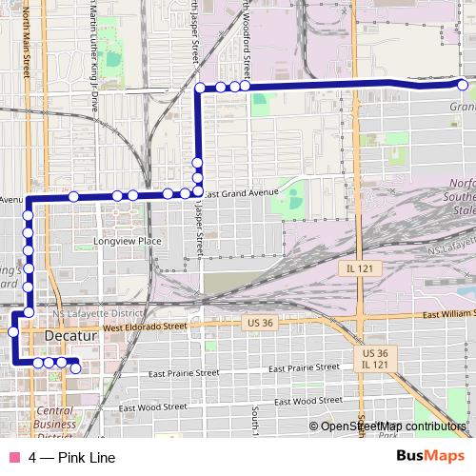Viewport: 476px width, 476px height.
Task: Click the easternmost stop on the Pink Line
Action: [463, 86]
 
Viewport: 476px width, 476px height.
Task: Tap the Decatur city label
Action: [71, 336]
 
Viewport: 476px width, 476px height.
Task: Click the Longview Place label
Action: [129, 242]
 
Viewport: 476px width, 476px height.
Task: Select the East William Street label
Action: [448, 312]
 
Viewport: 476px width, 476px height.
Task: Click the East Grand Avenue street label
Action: [241, 192]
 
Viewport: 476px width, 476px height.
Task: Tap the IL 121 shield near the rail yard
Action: [358, 269]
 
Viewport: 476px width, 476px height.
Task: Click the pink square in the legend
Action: [13, 458]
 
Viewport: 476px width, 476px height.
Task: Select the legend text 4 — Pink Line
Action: [72, 458]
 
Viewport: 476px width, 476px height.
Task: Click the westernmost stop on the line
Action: [13, 332]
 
